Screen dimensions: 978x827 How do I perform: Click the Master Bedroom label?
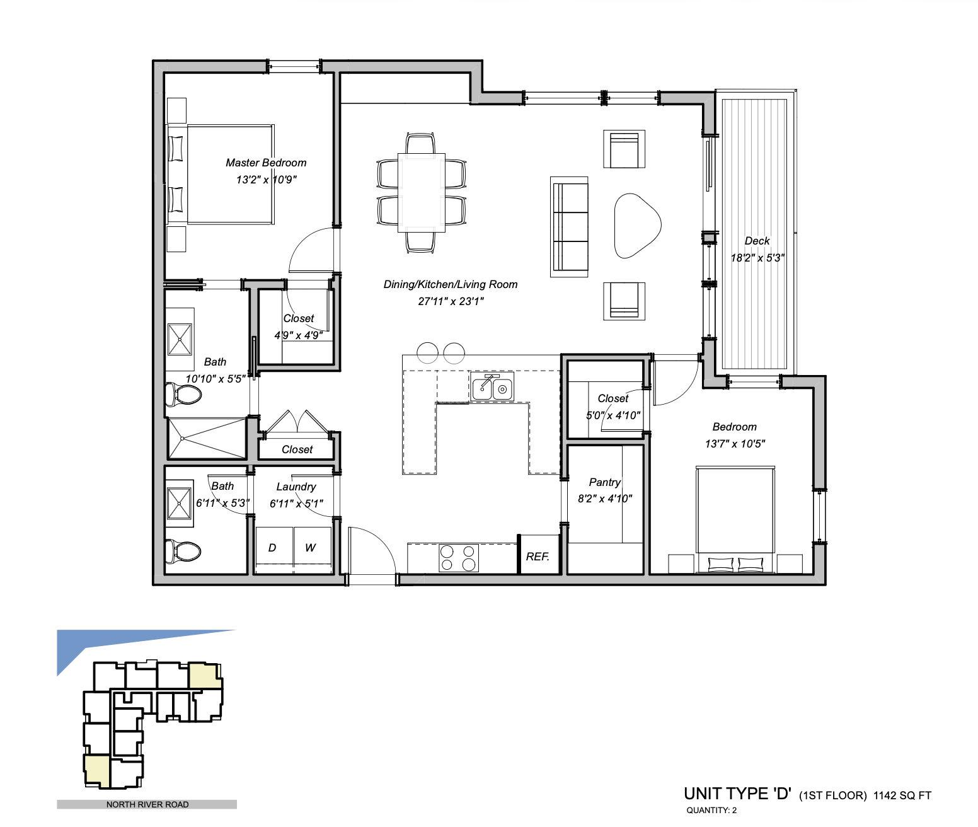coord(266,163)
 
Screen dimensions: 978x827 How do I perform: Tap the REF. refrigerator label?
coord(538,557)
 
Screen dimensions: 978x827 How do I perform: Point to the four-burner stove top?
coord(459,558)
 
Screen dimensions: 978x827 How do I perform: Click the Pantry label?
coord(605,482)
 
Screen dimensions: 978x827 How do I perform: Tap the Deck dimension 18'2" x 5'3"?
coord(757,258)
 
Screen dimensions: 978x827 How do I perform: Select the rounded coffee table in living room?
coord(637,226)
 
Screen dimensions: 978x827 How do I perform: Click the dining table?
coord(422,193)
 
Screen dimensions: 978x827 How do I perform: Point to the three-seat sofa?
coord(570,227)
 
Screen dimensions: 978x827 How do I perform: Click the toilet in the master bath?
coord(183,394)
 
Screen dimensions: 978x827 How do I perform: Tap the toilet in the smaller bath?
coord(183,552)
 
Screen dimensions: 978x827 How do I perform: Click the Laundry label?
coord(296,487)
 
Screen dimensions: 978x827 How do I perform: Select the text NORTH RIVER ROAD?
coord(147,804)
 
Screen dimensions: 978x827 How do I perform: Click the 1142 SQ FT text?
coord(902,795)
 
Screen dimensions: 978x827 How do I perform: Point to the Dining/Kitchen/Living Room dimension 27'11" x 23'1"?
coord(451,301)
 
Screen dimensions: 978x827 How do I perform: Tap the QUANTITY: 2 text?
coord(711,811)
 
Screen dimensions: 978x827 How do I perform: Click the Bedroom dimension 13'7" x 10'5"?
coord(735,444)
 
